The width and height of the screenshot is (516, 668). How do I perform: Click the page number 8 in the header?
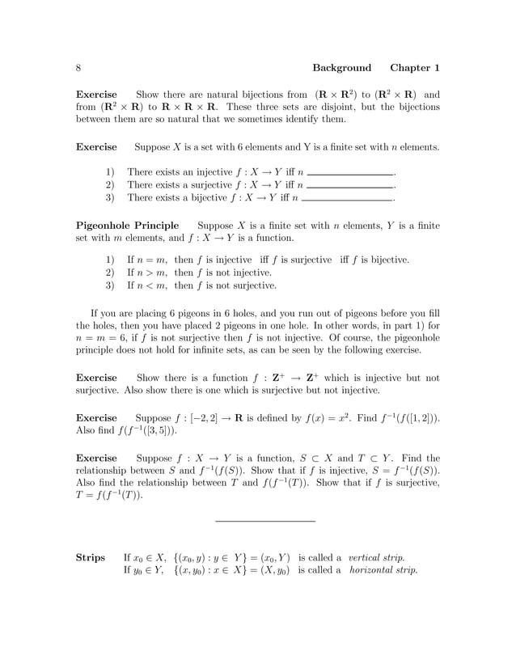click(78, 68)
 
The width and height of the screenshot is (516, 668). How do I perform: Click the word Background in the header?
click(341, 68)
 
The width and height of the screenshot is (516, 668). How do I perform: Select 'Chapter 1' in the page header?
click(415, 68)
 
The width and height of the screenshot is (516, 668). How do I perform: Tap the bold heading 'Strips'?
click(91, 557)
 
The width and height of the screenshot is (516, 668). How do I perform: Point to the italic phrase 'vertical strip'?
click(376, 557)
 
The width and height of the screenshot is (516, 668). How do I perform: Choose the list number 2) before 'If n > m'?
click(112, 273)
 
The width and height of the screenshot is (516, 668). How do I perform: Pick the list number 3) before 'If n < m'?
click(112, 285)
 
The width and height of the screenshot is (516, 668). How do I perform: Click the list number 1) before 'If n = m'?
click(112, 260)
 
